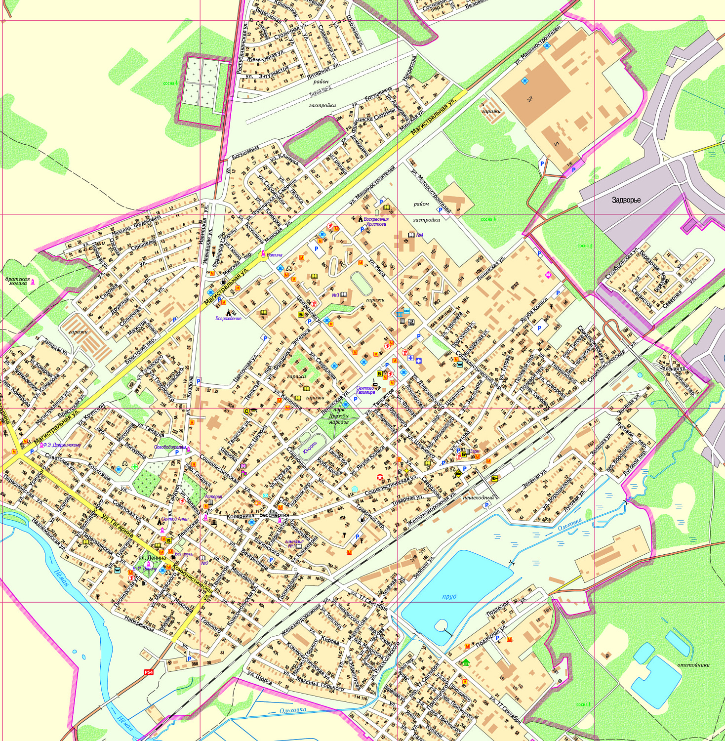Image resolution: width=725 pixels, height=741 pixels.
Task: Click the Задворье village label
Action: pos(626,200)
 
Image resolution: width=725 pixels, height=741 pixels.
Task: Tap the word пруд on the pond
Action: pos(449,596)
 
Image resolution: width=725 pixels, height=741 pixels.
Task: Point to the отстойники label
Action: pos(693,664)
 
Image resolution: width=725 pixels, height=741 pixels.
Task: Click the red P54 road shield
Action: pos(149,672)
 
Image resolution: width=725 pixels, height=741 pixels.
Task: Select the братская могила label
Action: pos(17,281)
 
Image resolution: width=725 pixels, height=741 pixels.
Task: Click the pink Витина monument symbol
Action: pos(263,254)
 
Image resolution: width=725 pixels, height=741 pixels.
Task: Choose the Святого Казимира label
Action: pos(366,390)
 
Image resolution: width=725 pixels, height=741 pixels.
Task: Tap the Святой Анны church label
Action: pos(175,519)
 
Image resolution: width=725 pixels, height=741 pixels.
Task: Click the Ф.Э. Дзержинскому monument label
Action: pos(61,445)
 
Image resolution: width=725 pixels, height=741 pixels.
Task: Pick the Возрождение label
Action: pos(228,319)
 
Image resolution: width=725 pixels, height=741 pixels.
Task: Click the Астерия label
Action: pos(213,496)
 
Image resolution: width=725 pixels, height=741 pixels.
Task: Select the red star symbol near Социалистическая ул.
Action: pos(380,477)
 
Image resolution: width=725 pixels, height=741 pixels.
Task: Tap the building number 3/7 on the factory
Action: pos(530,99)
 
